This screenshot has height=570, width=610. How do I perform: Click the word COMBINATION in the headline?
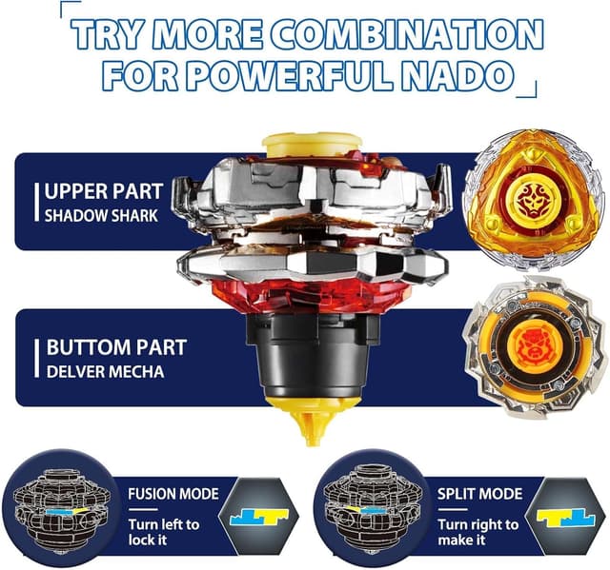pos(407,34)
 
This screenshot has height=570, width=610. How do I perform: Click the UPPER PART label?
pos(104,191)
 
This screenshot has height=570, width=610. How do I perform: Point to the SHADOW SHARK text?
pos(101,216)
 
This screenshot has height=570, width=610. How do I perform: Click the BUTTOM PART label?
pos(116,347)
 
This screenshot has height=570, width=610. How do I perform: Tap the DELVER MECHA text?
pos(105,372)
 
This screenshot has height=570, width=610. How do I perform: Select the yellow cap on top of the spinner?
pos(312,145)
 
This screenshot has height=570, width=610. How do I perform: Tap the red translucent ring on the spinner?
pos(312,294)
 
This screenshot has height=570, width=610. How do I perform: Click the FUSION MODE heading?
pos(173,494)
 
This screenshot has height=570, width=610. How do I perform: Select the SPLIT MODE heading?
pos(479,494)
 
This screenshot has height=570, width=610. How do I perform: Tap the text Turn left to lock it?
pos(164,532)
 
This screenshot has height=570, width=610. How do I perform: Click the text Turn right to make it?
pos(478,532)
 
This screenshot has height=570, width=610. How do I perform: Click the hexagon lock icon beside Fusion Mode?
pos(258,517)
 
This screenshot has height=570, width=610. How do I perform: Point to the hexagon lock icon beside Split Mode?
pos(566,517)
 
